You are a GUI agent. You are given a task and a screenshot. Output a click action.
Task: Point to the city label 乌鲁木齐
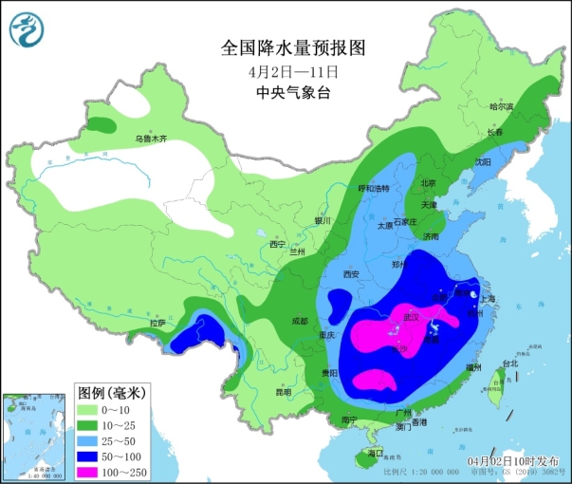(x=150, y=139)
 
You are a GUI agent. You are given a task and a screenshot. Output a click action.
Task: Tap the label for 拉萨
(x=157, y=323)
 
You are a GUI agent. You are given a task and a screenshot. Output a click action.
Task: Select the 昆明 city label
(x=257, y=391)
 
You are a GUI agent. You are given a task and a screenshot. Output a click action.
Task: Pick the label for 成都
(x=301, y=322)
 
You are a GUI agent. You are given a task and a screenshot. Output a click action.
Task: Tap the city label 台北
(x=509, y=363)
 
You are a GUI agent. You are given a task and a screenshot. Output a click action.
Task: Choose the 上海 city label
(x=489, y=297)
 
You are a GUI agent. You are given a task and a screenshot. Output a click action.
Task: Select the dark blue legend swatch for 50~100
(x=92, y=450)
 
